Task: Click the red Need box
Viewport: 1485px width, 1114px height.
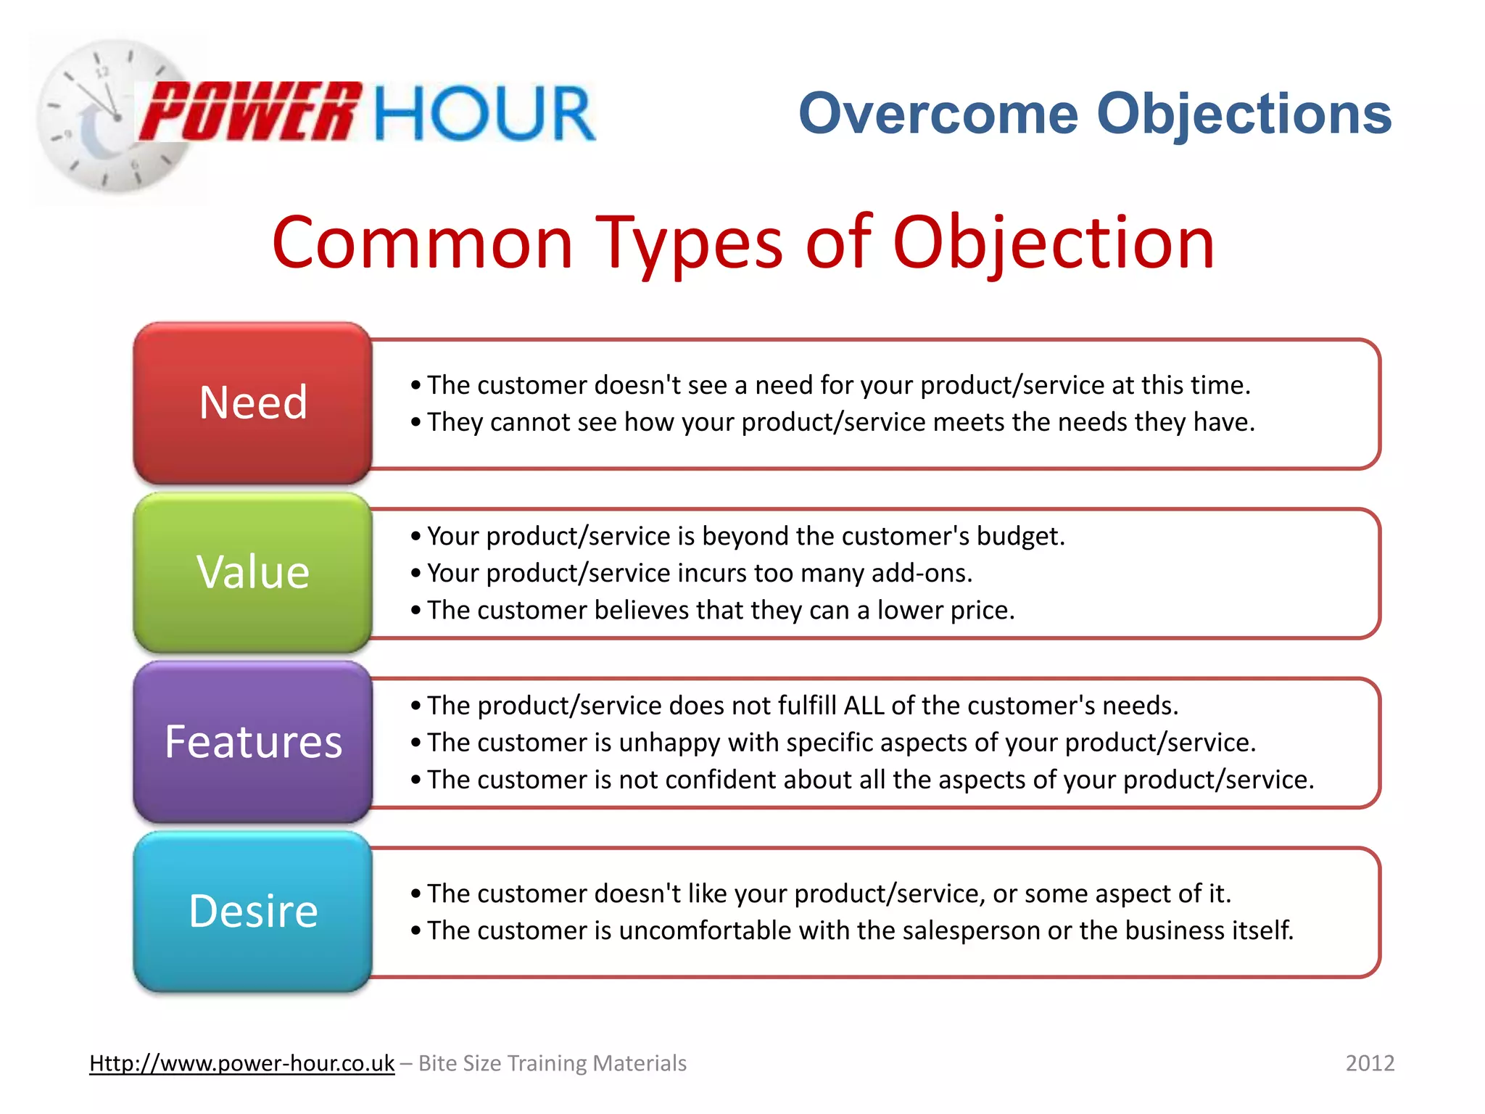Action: tap(253, 403)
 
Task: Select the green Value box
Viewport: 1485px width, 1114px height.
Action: tap(253, 573)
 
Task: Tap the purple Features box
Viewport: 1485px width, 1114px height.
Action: tap(253, 742)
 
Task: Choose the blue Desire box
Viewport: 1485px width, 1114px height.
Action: tap(253, 912)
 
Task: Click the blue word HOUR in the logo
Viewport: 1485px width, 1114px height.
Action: tap(484, 114)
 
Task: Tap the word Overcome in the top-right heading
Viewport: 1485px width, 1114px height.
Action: tap(938, 114)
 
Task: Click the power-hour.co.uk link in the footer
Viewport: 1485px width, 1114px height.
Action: tap(241, 1063)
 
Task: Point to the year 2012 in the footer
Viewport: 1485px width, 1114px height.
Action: tap(1370, 1063)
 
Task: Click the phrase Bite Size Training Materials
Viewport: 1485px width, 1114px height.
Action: tap(553, 1063)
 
